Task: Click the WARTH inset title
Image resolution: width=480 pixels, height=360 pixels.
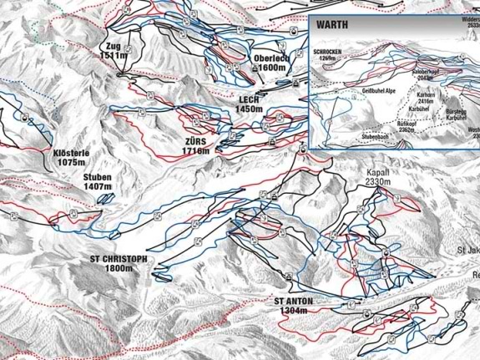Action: coord(331,25)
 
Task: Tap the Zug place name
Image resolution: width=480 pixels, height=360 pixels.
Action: coord(114,46)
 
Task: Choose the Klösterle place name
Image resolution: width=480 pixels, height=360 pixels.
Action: coord(71,155)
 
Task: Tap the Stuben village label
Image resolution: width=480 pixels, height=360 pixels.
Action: coord(97,178)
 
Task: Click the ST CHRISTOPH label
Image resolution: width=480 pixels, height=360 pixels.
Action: coord(119,259)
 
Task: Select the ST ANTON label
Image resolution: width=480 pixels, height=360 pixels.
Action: coord(291,301)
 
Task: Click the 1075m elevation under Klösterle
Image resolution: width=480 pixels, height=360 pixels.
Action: coord(71,165)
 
